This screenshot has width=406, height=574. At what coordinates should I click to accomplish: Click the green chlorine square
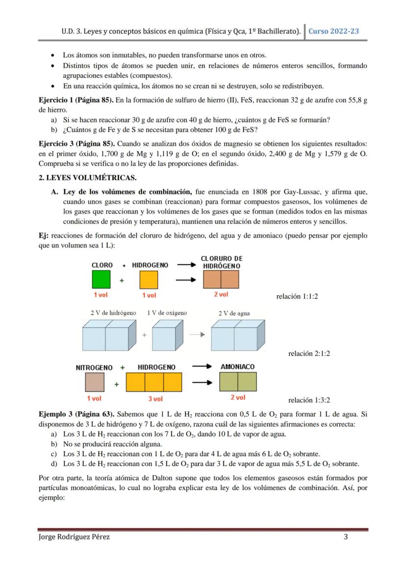click(x=101, y=280)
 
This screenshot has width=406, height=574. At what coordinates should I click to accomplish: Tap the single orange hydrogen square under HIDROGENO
click(x=149, y=280)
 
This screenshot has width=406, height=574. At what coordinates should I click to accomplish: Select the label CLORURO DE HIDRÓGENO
click(x=221, y=262)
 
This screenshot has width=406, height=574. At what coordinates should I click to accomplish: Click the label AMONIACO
click(x=237, y=367)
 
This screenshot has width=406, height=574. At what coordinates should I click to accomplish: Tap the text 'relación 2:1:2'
click(x=309, y=353)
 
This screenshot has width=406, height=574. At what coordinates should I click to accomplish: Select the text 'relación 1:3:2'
click(x=309, y=400)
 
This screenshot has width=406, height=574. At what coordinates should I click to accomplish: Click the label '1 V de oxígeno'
click(x=167, y=313)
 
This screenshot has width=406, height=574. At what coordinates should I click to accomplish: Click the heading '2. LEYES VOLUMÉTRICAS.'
click(x=87, y=177)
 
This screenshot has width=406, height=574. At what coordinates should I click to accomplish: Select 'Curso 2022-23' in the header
click(x=333, y=31)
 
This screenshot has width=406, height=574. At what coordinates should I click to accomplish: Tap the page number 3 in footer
click(x=346, y=537)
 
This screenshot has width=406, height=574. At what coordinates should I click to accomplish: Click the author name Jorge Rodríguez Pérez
click(x=74, y=537)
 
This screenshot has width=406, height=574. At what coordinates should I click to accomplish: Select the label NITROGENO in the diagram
click(x=94, y=368)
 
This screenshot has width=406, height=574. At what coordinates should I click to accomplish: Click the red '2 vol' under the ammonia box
click(x=238, y=398)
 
